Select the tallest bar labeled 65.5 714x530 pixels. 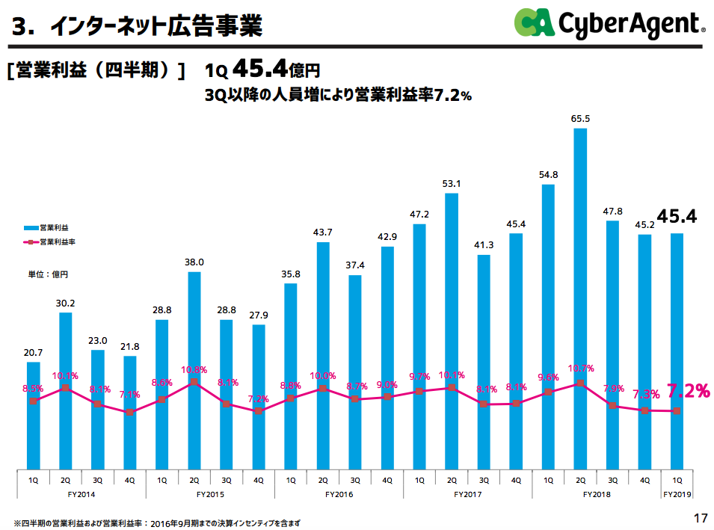(x=580, y=299)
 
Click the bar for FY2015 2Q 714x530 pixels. (x=194, y=370)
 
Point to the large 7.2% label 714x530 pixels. (x=688, y=390)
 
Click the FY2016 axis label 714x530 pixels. (x=339, y=494)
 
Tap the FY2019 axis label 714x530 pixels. (x=677, y=494)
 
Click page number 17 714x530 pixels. (x=700, y=518)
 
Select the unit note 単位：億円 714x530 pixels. (x=48, y=275)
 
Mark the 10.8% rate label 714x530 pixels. (x=194, y=369)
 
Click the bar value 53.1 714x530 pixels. (x=452, y=183)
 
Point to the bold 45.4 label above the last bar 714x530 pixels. (x=677, y=217)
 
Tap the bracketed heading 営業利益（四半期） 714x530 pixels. (x=96, y=71)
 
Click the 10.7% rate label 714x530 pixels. (x=581, y=369)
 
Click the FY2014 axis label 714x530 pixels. (x=81, y=494)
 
